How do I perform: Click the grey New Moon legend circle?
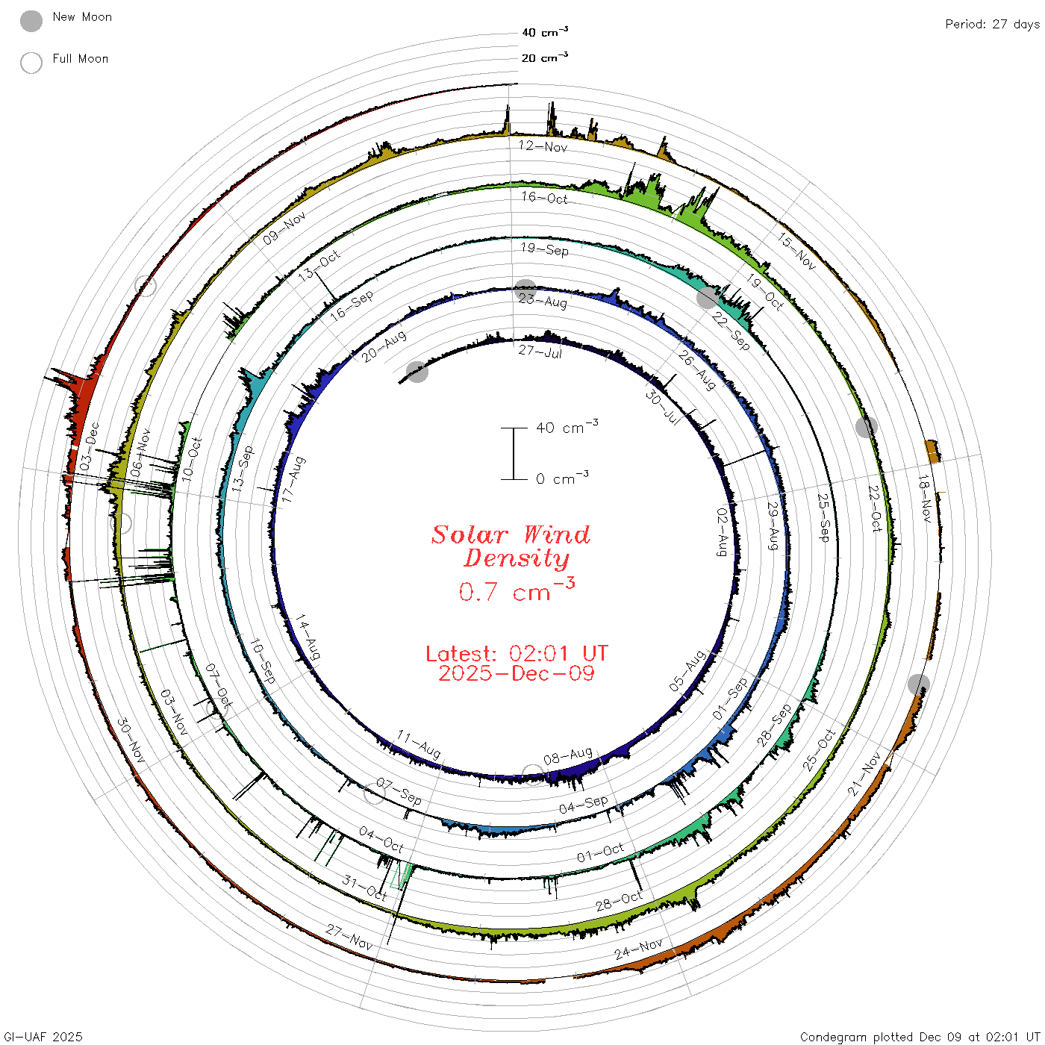pos(31,21)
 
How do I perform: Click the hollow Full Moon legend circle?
pos(31,63)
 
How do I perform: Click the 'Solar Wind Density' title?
pos(511,546)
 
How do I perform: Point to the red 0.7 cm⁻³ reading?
pos(517,590)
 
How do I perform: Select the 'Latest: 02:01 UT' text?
pos(517,653)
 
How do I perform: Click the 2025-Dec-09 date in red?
pos(517,673)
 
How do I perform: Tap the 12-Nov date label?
pos(543,146)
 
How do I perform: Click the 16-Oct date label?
pos(544,198)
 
